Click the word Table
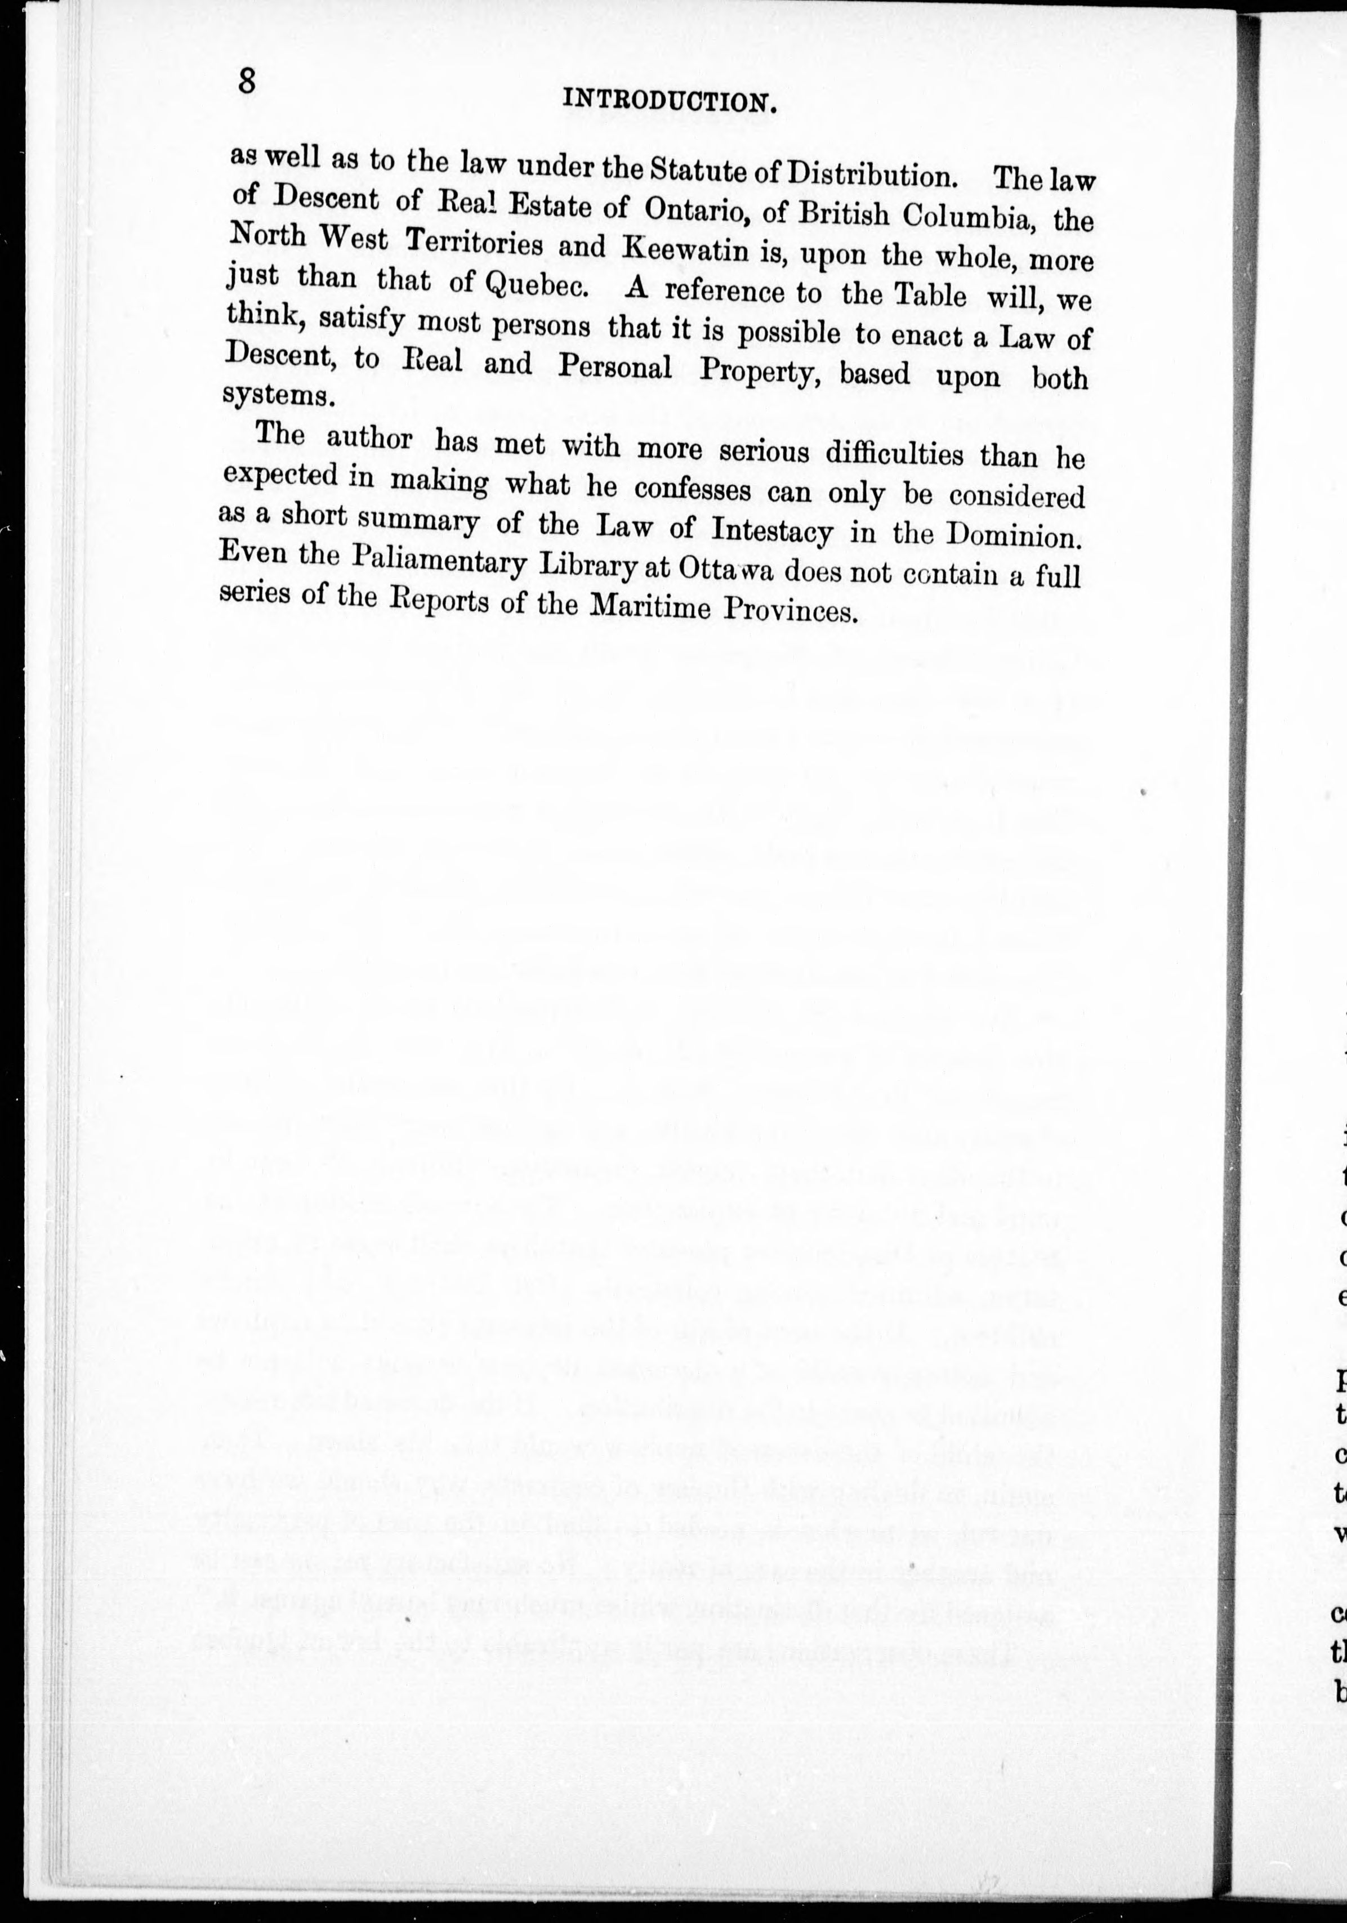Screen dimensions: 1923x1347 931,296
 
